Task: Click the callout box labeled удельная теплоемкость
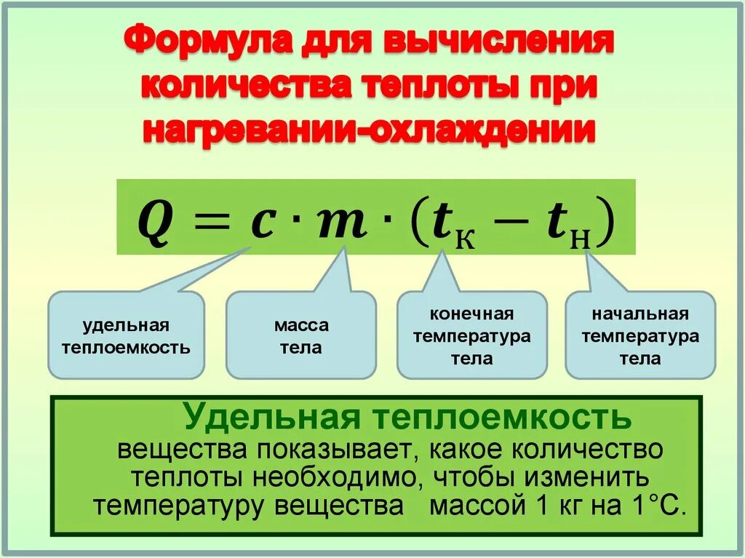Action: click(x=126, y=336)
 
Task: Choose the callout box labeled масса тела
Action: click(x=300, y=336)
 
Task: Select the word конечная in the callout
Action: click(x=471, y=314)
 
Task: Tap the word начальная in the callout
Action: click(x=640, y=314)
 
